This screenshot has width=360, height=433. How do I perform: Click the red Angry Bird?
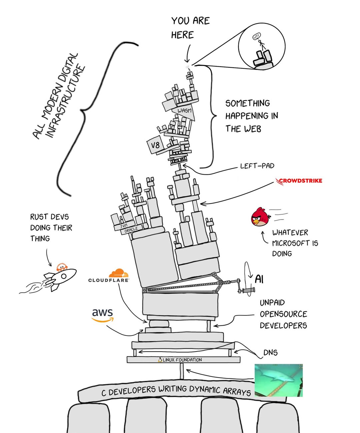coord(260,217)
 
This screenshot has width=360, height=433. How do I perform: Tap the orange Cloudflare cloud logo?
coord(118,273)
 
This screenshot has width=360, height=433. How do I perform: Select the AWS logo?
coord(102,315)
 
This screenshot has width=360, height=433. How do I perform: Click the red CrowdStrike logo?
coord(299,181)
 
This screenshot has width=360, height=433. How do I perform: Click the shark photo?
coord(278,380)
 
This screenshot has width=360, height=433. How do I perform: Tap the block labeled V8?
coord(155,145)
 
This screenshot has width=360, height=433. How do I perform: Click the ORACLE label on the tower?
coord(131,230)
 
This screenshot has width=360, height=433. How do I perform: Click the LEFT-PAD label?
coord(257,166)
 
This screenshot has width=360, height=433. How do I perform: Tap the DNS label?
coord(270,353)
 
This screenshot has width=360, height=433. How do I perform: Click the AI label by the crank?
coord(259,279)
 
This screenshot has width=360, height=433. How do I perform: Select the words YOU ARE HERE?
coord(190,28)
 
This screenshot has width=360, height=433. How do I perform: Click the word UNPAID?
coord(272,303)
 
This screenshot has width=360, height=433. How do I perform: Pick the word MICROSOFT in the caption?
coord(291,243)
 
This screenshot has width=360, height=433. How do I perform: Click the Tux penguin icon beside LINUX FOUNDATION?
coord(160,360)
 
